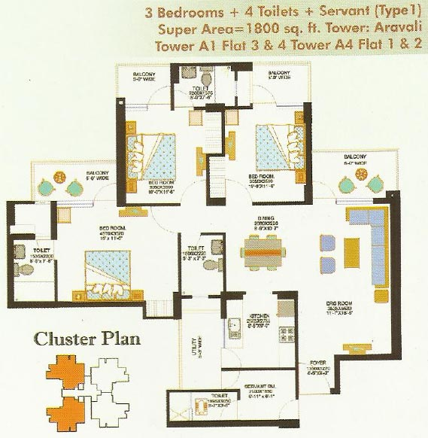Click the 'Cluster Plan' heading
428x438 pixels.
coord(87,339)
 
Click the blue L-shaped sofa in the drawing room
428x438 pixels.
coord(369,233)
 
